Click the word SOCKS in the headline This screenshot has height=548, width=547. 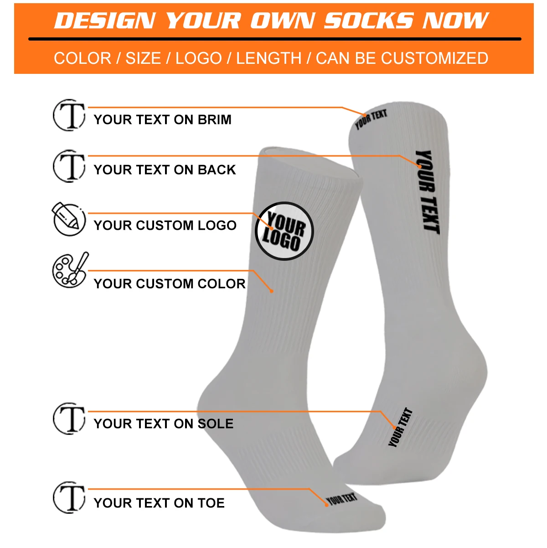[369, 21]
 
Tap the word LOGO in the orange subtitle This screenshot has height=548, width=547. [199, 58]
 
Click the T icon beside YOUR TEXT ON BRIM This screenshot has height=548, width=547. [69, 115]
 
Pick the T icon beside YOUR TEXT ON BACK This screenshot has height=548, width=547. [69, 165]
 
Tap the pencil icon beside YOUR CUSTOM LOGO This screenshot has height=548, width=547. [68, 219]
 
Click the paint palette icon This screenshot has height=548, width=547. [70, 270]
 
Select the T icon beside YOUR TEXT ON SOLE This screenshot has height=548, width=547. [69, 419]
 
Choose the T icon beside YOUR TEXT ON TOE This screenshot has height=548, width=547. [69, 497]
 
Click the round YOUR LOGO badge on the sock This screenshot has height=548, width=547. [284, 231]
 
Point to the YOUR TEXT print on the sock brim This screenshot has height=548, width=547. [371, 119]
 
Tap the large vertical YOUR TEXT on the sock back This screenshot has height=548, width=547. [427, 192]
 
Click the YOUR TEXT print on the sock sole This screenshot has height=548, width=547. [400, 427]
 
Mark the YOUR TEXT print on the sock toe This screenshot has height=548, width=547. [341, 499]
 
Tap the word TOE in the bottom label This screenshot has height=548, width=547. [211, 503]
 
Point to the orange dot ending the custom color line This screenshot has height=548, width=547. [272, 291]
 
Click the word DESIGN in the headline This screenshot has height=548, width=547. [105, 21]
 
